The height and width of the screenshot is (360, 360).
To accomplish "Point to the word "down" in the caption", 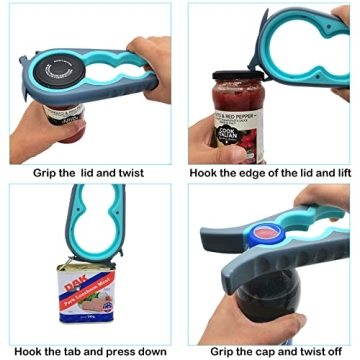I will coord(158,351).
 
